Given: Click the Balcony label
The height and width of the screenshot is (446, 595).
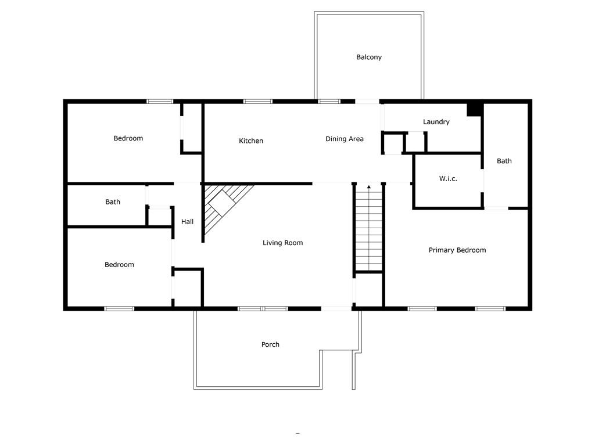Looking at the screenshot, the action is pos(369,57).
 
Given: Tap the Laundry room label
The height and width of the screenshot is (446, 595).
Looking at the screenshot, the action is pos(436,122).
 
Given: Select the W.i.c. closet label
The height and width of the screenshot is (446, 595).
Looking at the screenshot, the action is pos(448,178).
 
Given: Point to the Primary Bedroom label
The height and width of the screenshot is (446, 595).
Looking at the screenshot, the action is pos(457,250).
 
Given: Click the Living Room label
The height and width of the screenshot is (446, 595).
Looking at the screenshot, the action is pos(283,243).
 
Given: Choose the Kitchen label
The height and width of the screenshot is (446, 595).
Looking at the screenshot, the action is pos(251,141).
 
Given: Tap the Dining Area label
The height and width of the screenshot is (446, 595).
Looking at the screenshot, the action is pos(345,139).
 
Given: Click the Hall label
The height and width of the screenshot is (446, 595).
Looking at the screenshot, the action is pos(187,221).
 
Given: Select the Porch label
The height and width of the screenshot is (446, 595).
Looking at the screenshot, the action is pos(270,344).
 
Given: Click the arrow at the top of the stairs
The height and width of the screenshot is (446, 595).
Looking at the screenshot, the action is pos(369,186).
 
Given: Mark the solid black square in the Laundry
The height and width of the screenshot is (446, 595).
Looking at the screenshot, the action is pos(474,110).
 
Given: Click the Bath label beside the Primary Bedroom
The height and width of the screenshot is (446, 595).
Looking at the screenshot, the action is pos(504,161).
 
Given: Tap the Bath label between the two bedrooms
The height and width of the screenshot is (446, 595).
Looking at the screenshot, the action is pos(113,202).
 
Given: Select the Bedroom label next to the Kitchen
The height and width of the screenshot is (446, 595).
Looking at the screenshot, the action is pos(128,138).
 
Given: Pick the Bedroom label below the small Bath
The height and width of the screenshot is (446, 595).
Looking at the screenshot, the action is pos(119,264).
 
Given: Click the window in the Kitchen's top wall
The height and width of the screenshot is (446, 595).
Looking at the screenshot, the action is pos(257,101).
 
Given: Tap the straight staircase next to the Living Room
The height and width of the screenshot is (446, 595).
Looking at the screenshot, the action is pos(369,228).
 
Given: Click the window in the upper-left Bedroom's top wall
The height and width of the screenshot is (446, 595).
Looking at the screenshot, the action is pos(160,101).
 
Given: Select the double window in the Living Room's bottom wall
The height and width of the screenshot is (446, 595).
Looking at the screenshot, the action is pos(263,309).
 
